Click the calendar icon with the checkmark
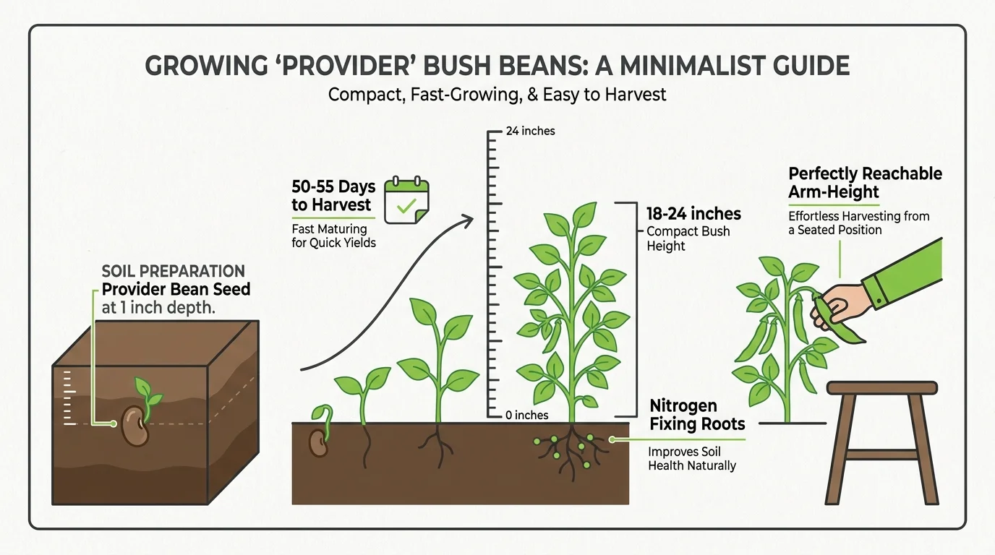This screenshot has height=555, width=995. click(406, 199)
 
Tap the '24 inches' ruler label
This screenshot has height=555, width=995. click(530, 132)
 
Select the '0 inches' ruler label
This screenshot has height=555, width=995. click(527, 416)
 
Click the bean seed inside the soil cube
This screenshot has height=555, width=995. click(134, 426)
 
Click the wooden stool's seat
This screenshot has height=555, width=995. click(882, 388)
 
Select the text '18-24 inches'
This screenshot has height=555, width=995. click(693, 213)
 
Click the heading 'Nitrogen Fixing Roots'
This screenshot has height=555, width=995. click(697, 415)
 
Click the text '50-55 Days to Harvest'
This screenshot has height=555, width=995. click(333, 197)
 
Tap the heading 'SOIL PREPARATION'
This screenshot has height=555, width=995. click(173, 272)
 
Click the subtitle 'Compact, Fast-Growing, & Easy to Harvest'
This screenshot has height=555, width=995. click(497, 95)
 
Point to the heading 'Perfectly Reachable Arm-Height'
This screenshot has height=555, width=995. click(865, 183)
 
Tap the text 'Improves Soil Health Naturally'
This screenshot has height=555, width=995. click(691, 459)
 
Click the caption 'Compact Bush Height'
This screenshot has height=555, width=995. click(688, 238)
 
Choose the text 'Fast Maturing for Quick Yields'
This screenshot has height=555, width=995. click(333, 236)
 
